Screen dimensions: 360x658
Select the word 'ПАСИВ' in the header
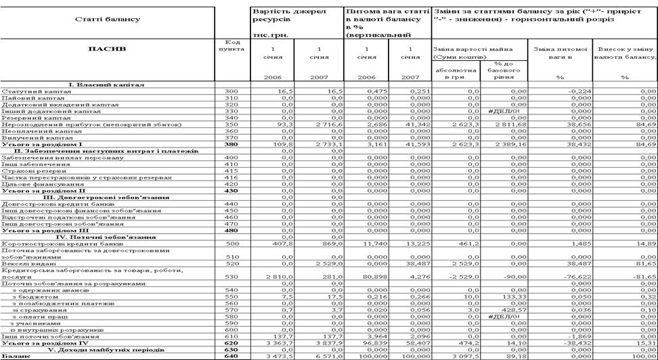pos(108,49)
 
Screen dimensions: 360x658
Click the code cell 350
pos(231,125)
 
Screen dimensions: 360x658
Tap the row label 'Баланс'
pos(16,355)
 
